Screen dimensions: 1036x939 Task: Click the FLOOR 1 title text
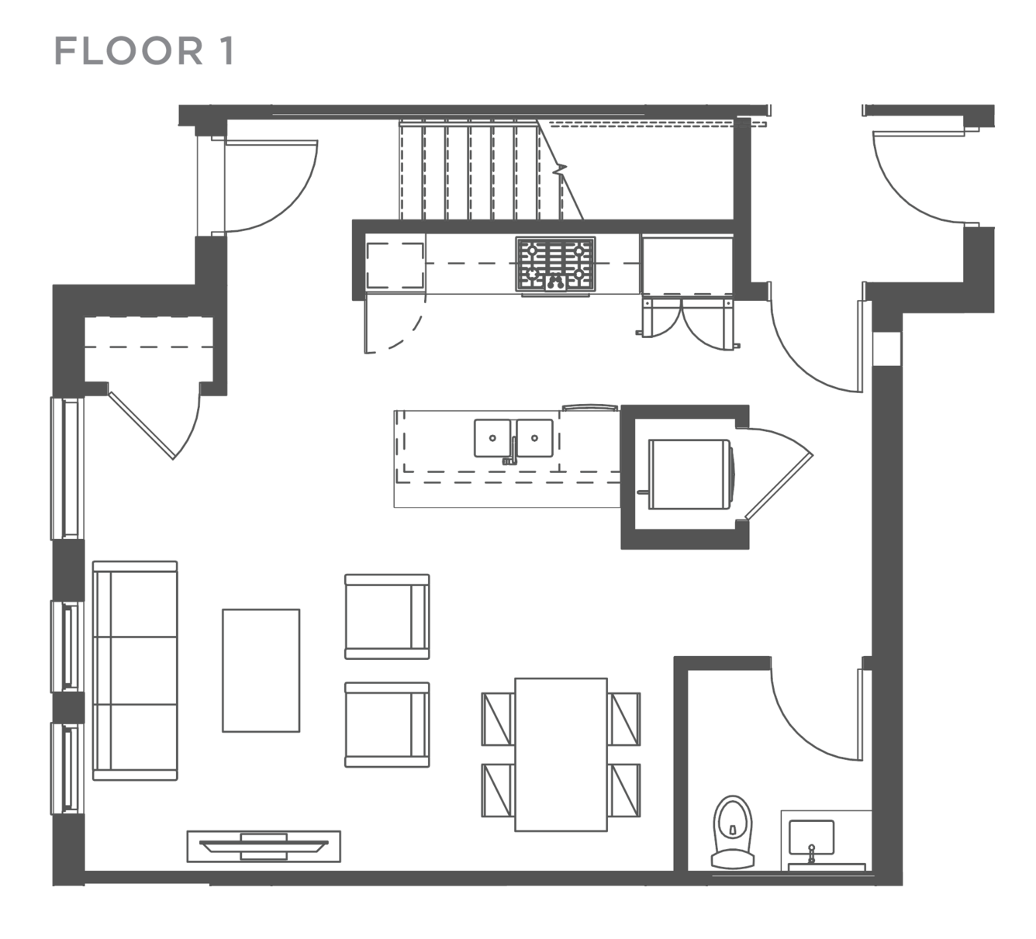pyautogui.click(x=144, y=51)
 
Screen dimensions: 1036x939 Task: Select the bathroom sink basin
pyautogui.click(x=811, y=837)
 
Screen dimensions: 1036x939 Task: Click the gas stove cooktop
pyautogui.click(x=555, y=264)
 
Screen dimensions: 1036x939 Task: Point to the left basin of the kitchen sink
pyautogui.click(x=492, y=438)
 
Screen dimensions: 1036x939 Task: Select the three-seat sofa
pyautogui.click(x=135, y=671)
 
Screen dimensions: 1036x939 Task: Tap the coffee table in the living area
pyautogui.click(x=261, y=671)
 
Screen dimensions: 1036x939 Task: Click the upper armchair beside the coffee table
pyautogui.click(x=388, y=616)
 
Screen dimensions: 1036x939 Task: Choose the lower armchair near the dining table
pyautogui.click(x=388, y=725)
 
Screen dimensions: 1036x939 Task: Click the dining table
pyautogui.click(x=561, y=754)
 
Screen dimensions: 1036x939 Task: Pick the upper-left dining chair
pyautogui.click(x=498, y=719)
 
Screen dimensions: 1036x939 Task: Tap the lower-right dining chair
pyautogui.click(x=624, y=790)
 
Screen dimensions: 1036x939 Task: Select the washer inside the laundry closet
pyautogui.click(x=690, y=474)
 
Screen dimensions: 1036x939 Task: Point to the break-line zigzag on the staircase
pyautogui.click(x=560, y=168)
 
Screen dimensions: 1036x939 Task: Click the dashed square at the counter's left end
pyautogui.click(x=395, y=265)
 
